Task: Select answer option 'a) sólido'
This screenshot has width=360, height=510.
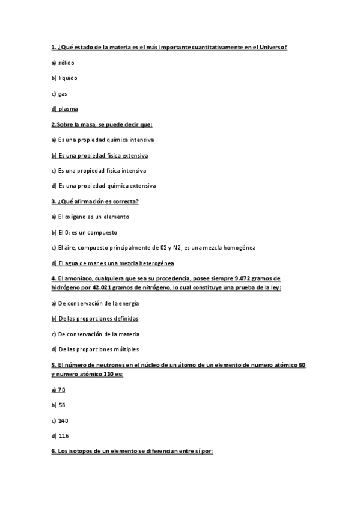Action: tap(63, 62)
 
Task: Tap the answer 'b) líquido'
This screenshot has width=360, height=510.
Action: tap(64, 78)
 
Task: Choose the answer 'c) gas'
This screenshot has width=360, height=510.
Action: tap(59, 93)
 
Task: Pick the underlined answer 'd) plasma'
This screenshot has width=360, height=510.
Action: tap(64, 109)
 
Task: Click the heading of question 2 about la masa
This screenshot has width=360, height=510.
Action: tap(102, 124)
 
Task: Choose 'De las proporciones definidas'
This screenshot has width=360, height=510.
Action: tap(98, 318)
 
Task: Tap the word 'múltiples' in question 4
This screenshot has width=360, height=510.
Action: tap(125, 349)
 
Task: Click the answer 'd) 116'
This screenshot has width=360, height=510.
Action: tap(60, 435)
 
